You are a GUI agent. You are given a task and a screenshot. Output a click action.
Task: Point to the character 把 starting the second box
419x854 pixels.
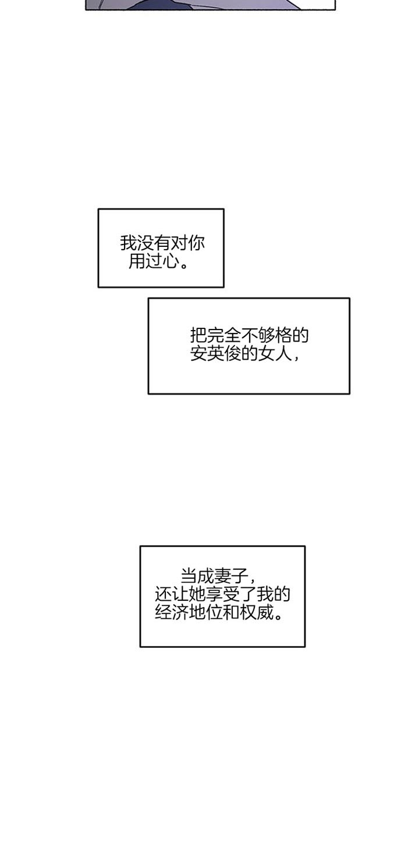pos(198,335)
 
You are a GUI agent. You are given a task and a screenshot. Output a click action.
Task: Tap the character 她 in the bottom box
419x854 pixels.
pos(197,594)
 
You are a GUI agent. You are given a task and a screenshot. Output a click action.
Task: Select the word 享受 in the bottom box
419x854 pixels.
pos(223,594)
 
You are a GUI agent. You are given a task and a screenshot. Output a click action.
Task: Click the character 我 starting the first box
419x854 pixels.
pos(128,243)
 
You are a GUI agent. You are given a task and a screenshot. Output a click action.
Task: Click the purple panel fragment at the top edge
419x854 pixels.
pos(210,4)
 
